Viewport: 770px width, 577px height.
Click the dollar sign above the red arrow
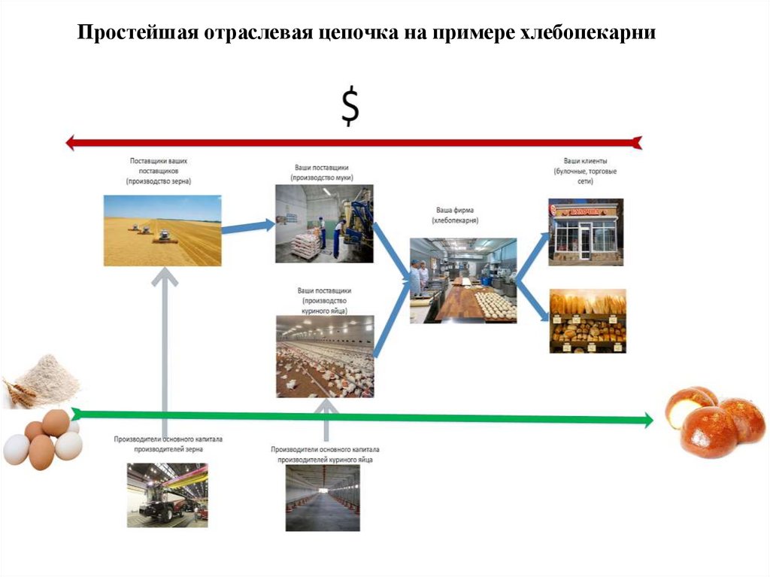(x=350, y=106)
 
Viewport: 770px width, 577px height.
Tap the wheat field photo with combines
(x=162, y=230)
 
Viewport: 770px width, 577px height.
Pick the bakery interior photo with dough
(x=463, y=281)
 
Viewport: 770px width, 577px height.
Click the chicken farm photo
(x=325, y=356)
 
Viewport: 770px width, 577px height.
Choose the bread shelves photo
(x=588, y=320)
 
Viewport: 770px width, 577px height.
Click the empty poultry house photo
(x=322, y=498)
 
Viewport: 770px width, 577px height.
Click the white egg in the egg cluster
(x=16, y=449)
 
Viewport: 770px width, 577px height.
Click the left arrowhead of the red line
(x=71, y=142)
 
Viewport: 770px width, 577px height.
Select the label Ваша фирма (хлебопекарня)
(x=456, y=215)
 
